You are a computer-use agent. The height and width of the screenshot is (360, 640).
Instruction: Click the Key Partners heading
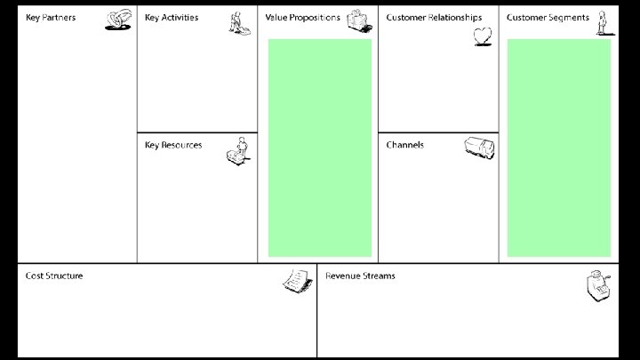pos(50,18)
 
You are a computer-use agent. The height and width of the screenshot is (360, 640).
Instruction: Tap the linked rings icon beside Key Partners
pos(118,20)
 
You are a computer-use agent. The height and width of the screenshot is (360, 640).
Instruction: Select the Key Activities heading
pos(172,18)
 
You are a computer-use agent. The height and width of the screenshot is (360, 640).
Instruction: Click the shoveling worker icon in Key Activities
pos(237,21)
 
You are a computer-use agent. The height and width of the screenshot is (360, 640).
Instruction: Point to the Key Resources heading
pos(173,145)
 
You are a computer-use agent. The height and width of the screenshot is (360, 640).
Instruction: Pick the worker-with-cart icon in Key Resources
pos(237,152)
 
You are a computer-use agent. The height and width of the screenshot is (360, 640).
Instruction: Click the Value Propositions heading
pos(302,18)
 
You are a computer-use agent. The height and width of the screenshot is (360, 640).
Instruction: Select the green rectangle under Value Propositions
pos(319,148)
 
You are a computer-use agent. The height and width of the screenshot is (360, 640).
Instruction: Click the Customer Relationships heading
pos(434,18)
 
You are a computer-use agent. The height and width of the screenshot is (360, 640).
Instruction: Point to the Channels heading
pos(404,145)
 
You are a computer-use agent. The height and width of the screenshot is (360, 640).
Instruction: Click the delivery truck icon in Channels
pos(479,148)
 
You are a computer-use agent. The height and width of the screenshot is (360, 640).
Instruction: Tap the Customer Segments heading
pos(548,18)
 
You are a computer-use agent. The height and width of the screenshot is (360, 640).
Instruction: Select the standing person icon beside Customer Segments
pos(602,22)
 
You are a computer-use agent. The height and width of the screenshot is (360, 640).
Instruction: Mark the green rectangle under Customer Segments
pos(559,148)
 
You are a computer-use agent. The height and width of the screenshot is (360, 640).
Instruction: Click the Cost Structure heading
pos(54,276)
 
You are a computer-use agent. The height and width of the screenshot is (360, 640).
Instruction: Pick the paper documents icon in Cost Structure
pos(296,280)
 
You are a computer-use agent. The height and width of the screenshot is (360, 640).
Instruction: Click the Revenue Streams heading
pos(360,276)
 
